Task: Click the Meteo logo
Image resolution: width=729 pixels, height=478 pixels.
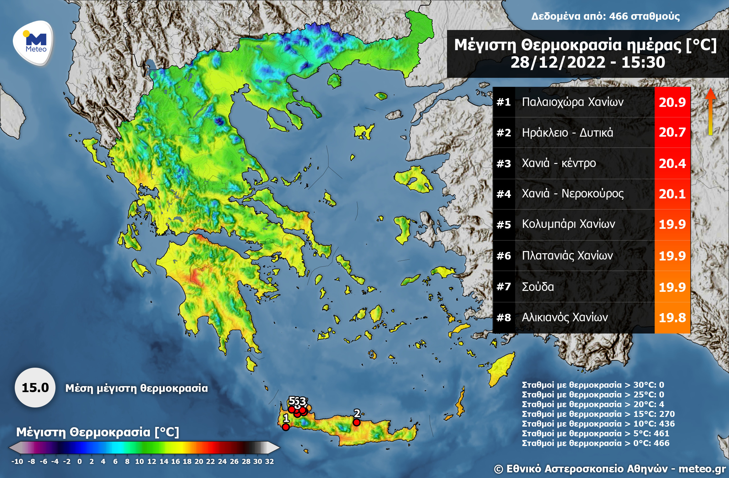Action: (x=34, y=43)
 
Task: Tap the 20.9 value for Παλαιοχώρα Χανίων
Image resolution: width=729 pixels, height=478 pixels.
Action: (x=672, y=102)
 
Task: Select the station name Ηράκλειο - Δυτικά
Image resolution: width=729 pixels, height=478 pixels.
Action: (x=568, y=133)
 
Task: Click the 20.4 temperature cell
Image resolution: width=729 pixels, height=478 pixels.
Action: (x=672, y=163)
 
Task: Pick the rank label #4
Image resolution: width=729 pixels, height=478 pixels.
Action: (x=504, y=194)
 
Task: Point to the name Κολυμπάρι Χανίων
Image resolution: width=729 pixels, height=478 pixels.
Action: (x=568, y=224)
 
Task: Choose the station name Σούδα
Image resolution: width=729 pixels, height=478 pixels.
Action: (x=538, y=287)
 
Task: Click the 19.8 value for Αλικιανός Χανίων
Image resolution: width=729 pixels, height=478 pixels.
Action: (x=672, y=318)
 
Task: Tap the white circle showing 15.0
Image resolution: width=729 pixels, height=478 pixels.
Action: (x=35, y=388)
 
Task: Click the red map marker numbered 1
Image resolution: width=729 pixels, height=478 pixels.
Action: (x=286, y=427)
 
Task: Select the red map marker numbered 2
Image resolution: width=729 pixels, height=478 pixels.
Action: (x=357, y=422)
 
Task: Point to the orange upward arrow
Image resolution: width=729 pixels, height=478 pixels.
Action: (x=711, y=111)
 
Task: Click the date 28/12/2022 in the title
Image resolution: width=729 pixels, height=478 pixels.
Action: (x=558, y=62)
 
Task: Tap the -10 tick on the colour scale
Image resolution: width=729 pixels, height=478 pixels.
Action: (x=17, y=461)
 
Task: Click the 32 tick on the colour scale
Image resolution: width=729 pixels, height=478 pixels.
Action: (x=269, y=461)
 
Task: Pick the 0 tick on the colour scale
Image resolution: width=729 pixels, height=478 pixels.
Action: (x=80, y=461)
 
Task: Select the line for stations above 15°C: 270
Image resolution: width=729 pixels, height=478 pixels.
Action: (x=598, y=414)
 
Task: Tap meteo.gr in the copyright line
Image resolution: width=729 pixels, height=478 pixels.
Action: (x=702, y=469)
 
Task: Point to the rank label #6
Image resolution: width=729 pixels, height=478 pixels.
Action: (x=504, y=256)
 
